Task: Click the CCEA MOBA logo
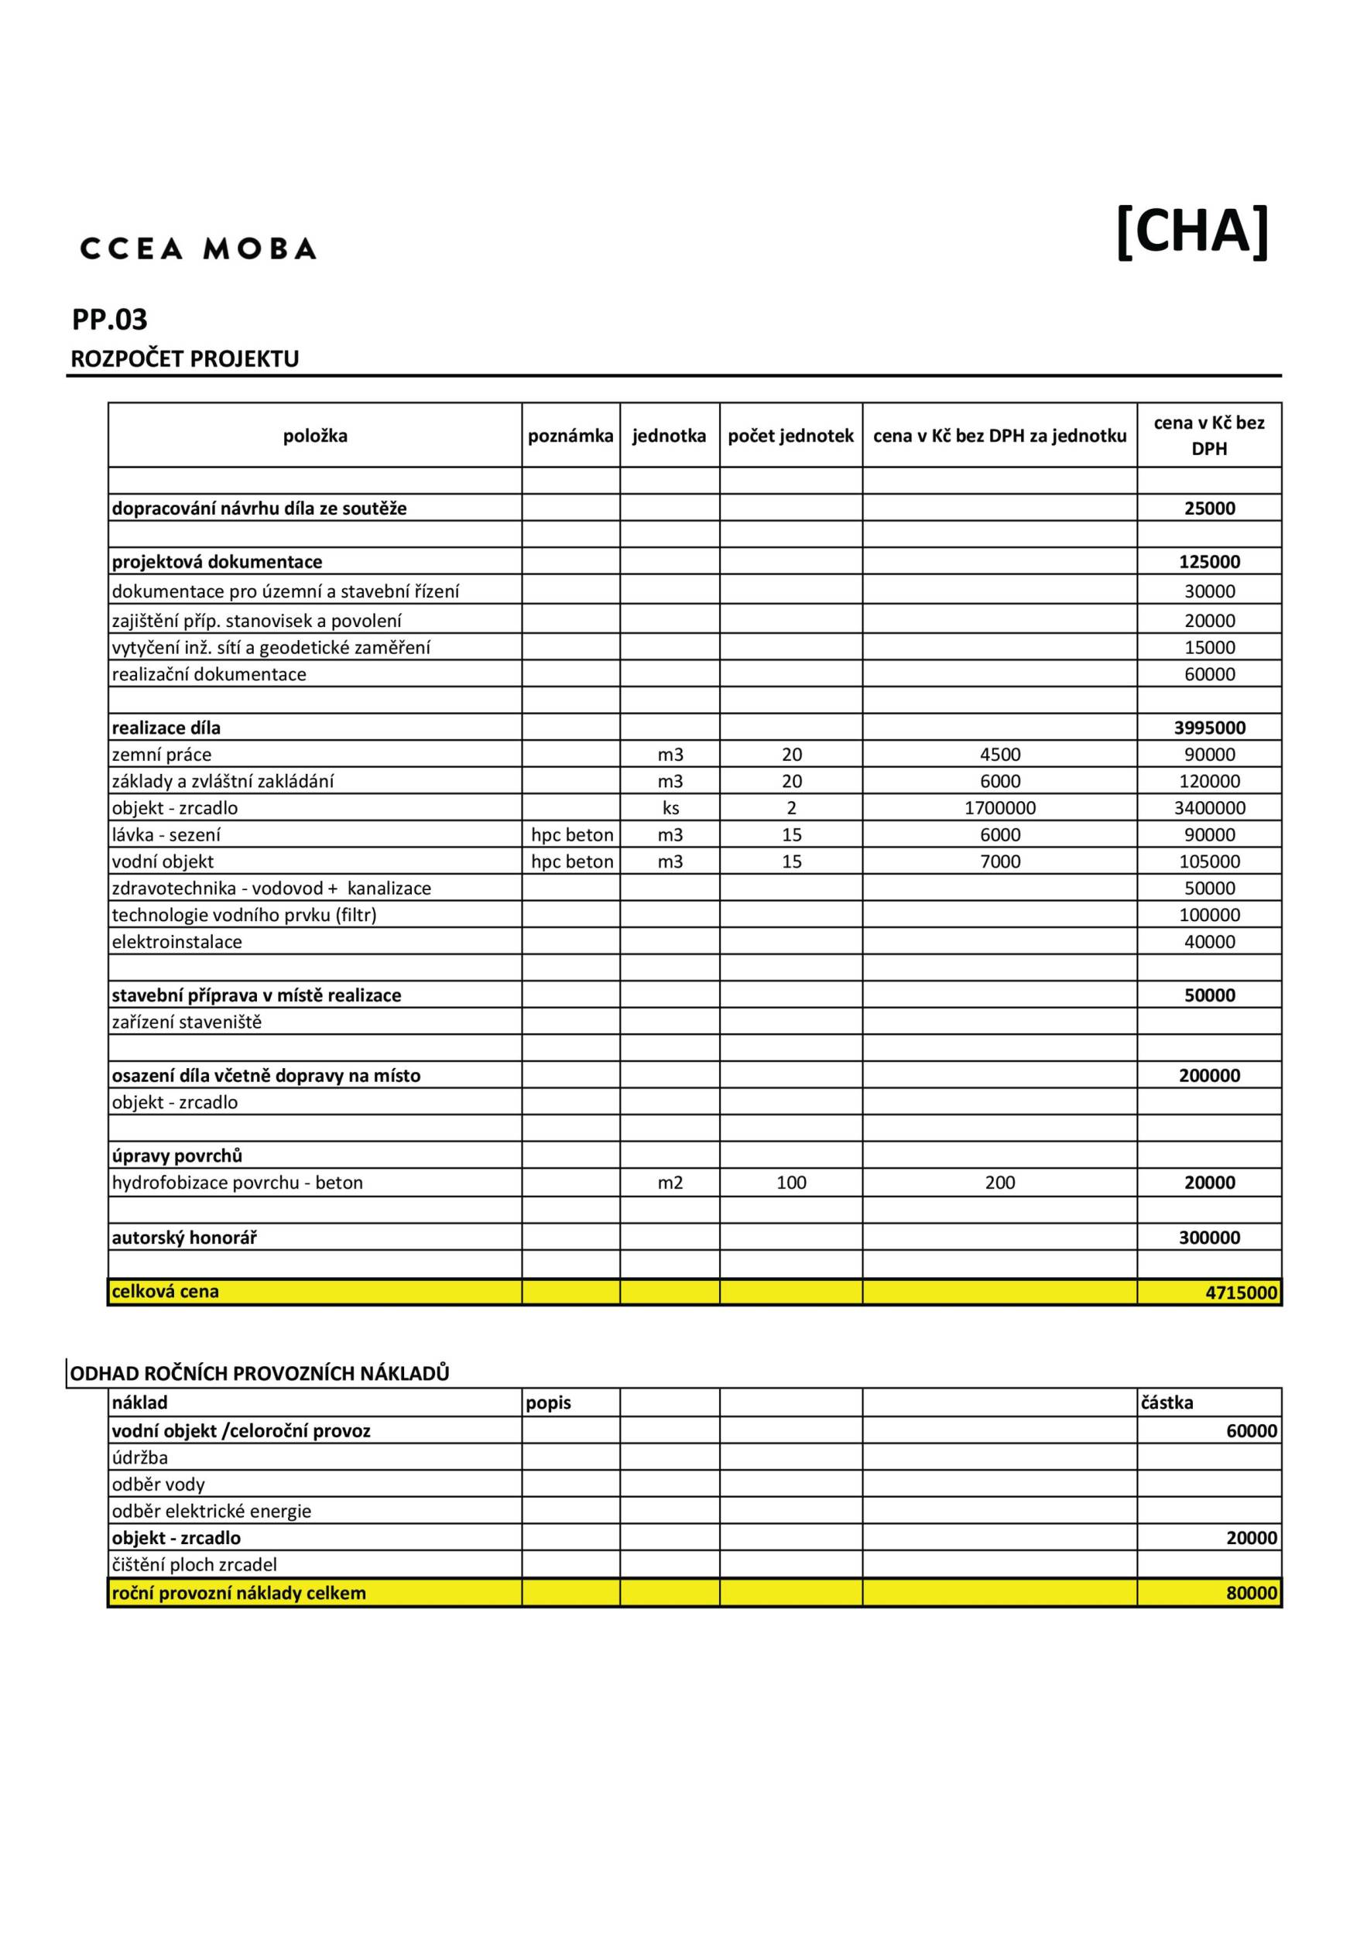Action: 198,248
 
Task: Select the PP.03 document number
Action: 110,320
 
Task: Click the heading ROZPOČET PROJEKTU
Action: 184,359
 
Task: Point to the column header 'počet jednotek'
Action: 790,436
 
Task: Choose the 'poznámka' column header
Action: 570,436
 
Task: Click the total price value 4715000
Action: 1242,1292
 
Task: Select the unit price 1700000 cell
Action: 999,807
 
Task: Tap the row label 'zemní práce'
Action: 162,755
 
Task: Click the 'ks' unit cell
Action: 670,807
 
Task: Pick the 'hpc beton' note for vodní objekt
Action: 571,861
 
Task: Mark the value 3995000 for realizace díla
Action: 1209,728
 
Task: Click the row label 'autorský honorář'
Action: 183,1237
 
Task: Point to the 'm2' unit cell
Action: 670,1183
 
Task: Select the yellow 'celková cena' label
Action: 165,1291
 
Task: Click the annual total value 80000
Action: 1252,1593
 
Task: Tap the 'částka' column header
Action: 1167,1402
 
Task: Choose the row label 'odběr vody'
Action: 159,1484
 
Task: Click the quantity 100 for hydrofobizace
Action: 790,1183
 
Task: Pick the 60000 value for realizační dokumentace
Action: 1209,674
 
